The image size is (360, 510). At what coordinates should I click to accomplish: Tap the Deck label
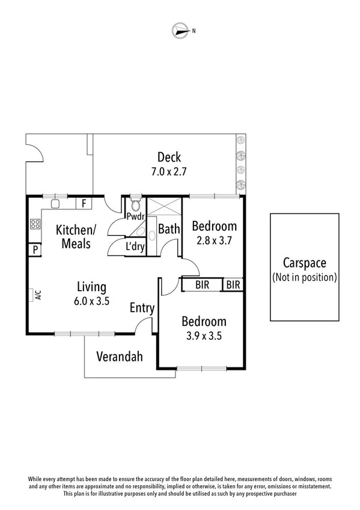[x=169, y=158]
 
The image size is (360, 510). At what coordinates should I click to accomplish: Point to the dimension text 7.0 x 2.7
[x=169, y=171]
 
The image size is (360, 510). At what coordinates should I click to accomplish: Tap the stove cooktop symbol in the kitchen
[x=35, y=225]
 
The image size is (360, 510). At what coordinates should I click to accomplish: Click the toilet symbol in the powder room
[x=134, y=202]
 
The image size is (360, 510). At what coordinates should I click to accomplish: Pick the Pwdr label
[x=133, y=216]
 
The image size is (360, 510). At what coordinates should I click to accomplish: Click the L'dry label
[x=135, y=246]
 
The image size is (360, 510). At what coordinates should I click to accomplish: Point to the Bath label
[x=169, y=229]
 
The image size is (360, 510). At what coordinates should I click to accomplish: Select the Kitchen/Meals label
[x=76, y=236]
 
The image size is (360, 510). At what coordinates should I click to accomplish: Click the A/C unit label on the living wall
[x=38, y=295]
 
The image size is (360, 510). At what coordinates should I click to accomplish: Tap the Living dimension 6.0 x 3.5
[x=91, y=302]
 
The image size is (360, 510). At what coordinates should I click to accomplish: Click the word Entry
[x=142, y=309]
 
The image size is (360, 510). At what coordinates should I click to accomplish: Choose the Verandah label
[x=120, y=357]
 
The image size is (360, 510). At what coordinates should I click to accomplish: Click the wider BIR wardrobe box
[x=203, y=285]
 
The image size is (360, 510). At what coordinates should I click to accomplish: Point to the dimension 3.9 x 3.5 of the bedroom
[x=202, y=336]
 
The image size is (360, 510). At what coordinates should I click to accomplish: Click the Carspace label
[x=304, y=263]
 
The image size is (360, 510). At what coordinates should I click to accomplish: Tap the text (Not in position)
[x=304, y=277]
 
